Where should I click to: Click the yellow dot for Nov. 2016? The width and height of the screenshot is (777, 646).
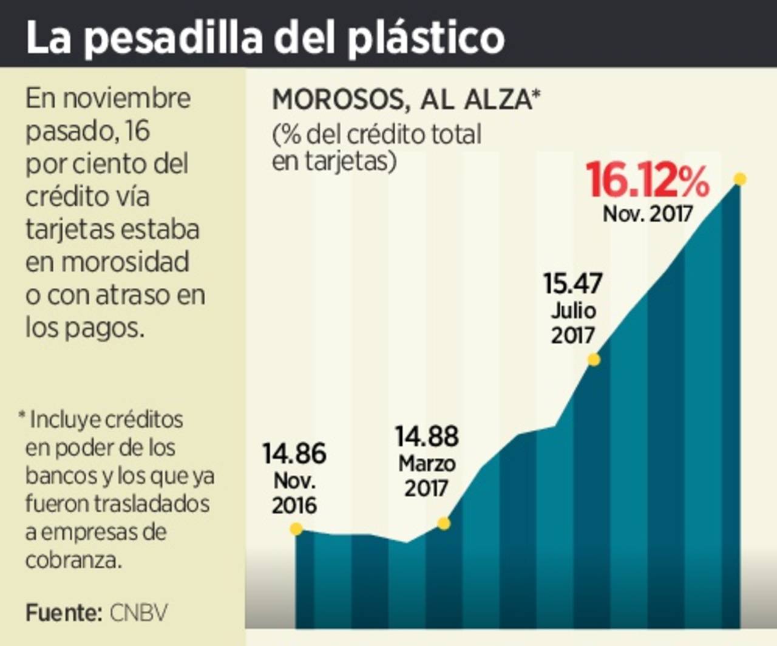(x=296, y=529)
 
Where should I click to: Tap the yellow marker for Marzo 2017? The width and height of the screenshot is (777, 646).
(x=444, y=523)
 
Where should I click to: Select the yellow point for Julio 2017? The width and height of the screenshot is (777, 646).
(x=594, y=360)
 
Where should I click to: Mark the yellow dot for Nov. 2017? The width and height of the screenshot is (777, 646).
(x=739, y=179)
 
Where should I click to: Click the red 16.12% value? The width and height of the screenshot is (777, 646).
(x=647, y=180)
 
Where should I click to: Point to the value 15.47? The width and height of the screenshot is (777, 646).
(x=572, y=284)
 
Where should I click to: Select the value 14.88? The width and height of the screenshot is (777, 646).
(x=427, y=437)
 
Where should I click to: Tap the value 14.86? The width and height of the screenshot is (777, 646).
(x=294, y=454)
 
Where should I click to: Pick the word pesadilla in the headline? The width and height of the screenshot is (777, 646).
(x=174, y=38)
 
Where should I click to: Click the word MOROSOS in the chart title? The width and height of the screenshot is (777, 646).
(x=338, y=100)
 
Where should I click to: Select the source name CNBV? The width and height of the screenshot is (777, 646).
(x=138, y=613)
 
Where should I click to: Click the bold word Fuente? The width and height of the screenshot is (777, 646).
(x=63, y=613)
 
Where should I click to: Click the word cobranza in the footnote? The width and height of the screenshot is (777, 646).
(x=73, y=560)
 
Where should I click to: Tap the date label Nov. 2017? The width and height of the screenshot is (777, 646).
(x=647, y=214)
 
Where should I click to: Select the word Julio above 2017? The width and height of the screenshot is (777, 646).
(x=573, y=311)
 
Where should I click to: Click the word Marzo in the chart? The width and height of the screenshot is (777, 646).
(x=427, y=464)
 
